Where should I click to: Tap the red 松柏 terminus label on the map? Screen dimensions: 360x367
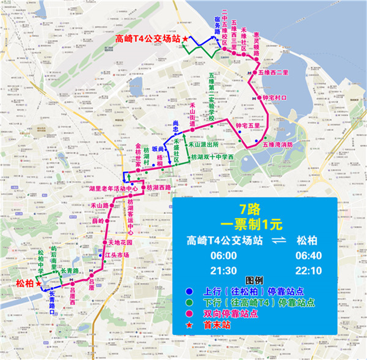(25, 283)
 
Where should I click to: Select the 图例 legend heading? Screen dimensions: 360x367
(253, 281)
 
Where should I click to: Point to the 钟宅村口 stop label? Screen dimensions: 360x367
(274, 98)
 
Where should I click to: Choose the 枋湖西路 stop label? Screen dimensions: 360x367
(158, 188)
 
